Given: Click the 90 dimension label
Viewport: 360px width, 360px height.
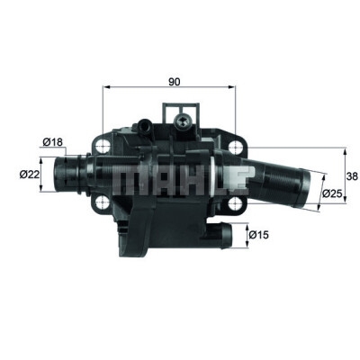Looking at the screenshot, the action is [174, 82].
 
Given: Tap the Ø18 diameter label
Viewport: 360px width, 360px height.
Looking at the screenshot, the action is [53, 141].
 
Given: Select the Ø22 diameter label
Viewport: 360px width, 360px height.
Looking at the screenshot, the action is [30, 174].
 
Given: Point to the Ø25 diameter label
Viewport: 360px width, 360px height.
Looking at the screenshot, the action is [332, 193].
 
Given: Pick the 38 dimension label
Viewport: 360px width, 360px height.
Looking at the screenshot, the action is [352, 176].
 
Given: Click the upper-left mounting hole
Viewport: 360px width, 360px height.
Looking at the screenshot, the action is [103, 148].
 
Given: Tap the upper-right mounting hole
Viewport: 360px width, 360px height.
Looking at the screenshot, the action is [235, 148].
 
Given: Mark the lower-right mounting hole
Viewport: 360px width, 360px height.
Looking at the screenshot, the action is [235, 204].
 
